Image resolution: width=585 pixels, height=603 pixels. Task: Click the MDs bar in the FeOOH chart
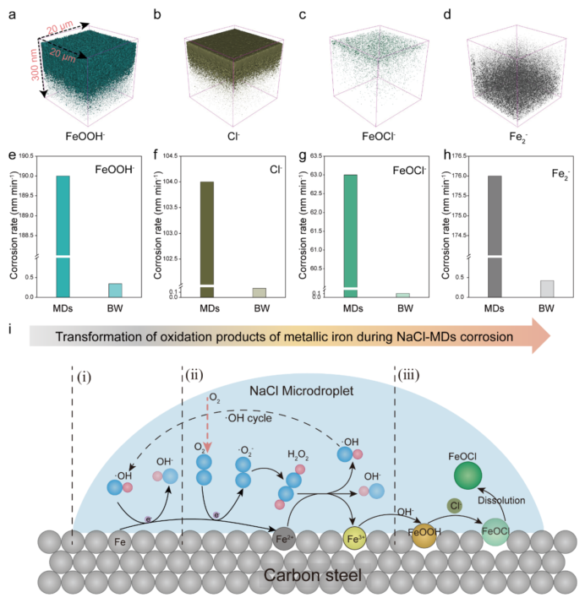pos(63,236)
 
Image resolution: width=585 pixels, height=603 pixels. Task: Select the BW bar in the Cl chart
pos(260,293)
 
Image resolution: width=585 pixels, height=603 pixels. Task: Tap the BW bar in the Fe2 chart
pos(547,289)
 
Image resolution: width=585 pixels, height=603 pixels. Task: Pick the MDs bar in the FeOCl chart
pos(350,236)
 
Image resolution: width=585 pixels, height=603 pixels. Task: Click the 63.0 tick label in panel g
pos(316,175)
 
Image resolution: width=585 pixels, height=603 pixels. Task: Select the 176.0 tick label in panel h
pos(461,176)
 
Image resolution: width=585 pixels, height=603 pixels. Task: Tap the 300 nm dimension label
pos(35,64)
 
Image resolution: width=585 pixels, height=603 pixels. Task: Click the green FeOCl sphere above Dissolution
pos(467,475)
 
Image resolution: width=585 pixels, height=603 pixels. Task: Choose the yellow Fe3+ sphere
pos(354,539)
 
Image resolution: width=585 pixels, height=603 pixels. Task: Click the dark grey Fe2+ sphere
pos(284,539)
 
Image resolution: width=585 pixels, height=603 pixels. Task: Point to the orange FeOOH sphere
pos(424,535)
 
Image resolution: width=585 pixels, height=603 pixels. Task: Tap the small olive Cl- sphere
pos(455,506)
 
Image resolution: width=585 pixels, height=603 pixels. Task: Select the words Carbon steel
pos(313,575)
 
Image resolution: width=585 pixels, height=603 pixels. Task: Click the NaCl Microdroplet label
pos(301,391)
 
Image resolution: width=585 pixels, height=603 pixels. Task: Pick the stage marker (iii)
pos(408,375)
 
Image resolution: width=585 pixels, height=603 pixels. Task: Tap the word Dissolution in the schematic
pos(501,500)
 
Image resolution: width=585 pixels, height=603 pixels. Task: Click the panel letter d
pos(447,14)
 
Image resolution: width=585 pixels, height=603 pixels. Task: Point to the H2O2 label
pos(298,455)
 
